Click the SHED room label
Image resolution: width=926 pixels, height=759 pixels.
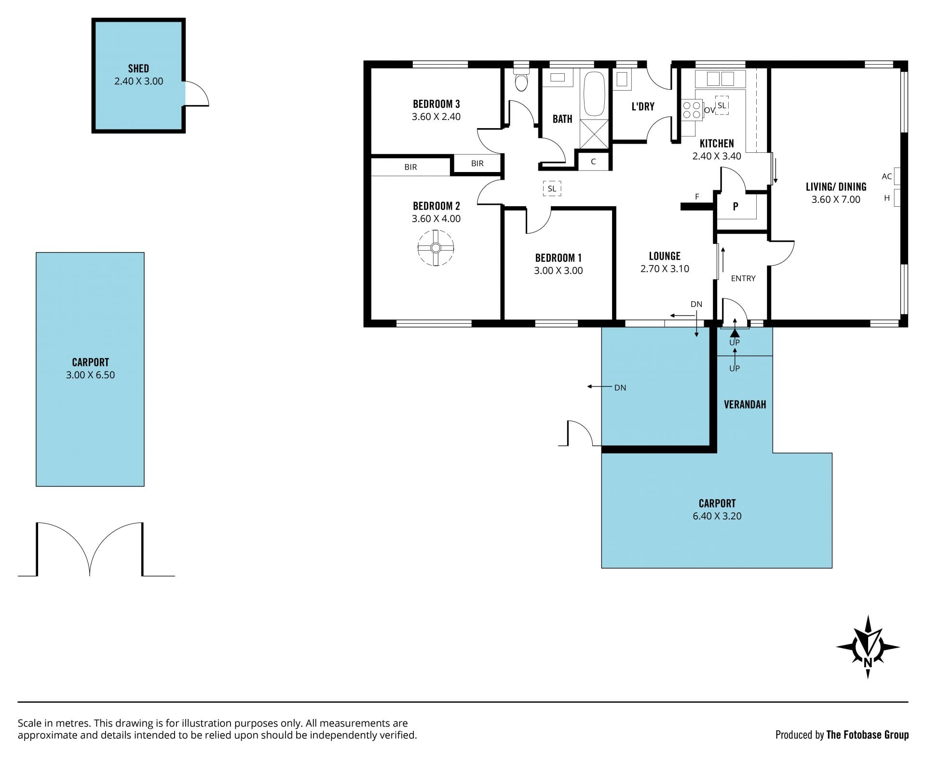(x=138, y=68)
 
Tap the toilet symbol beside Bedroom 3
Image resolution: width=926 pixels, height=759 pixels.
(x=521, y=80)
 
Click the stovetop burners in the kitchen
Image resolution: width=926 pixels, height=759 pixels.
(x=691, y=110)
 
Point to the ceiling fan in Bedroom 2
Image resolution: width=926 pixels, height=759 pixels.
(x=436, y=248)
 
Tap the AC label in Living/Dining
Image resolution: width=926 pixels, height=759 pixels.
(x=886, y=176)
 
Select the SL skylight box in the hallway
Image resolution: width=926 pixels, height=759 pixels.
(x=552, y=188)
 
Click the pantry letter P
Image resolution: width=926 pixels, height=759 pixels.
(x=735, y=207)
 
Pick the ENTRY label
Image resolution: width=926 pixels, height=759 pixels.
(x=743, y=279)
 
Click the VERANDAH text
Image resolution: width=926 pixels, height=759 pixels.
(x=745, y=404)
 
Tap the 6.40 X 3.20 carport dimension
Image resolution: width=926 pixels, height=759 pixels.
(x=717, y=516)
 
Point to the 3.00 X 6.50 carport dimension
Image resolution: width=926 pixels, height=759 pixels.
(x=90, y=375)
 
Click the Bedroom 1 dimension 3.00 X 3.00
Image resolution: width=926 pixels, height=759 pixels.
(x=558, y=271)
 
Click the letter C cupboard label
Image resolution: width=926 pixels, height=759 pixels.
(x=593, y=162)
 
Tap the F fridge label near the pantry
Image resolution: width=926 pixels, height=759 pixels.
(x=697, y=197)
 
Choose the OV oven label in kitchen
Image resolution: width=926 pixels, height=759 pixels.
(x=709, y=110)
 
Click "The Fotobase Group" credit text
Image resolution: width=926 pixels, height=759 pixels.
(x=867, y=735)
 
